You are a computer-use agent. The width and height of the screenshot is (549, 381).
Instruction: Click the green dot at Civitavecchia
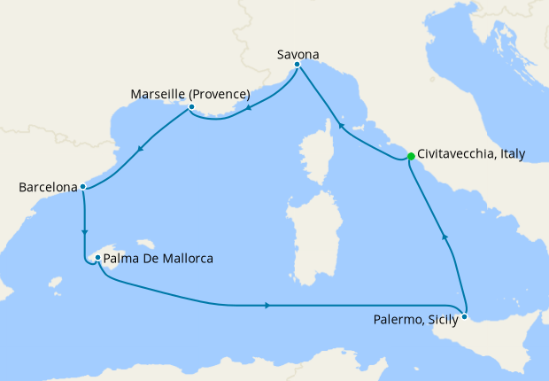(411, 157)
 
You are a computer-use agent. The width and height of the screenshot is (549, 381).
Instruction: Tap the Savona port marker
(298, 65)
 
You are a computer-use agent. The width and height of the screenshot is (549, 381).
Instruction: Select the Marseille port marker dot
(191, 109)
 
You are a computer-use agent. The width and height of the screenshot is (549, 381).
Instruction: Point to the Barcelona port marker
(82, 187)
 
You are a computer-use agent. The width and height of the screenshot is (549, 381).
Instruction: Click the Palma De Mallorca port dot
(97, 259)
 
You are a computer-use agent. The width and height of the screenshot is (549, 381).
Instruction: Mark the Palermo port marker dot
(465, 316)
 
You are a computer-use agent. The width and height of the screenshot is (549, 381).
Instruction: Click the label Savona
(297, 53)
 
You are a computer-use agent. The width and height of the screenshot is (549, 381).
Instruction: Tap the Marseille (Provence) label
(189, 94)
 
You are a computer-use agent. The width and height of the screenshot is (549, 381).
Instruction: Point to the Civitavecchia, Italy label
(470, 154)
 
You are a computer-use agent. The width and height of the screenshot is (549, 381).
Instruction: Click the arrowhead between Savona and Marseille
(251, 109)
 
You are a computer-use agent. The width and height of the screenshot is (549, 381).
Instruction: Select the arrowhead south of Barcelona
(85, 232)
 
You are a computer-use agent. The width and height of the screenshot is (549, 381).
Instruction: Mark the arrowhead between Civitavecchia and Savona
(340, 128)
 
